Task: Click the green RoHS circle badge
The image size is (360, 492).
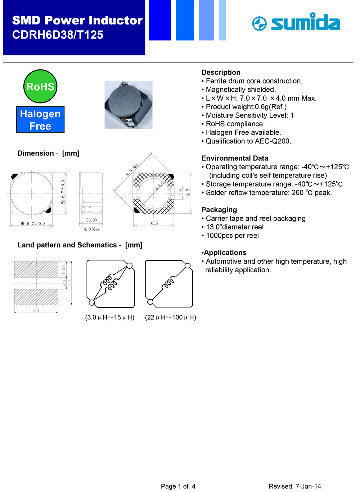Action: coord(40,86)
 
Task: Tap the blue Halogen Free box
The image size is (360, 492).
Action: coord(40,120)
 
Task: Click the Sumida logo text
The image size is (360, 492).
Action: coord(305,23)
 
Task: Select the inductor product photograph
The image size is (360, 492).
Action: coord(129,105)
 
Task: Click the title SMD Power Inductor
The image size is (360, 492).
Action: coord(77,20)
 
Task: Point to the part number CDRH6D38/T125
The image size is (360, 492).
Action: coord(58,35)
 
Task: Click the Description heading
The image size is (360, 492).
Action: coord(221,72)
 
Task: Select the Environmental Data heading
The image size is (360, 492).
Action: coord(235,158)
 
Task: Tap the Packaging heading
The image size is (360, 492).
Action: coord(219,210)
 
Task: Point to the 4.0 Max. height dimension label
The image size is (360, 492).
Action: coord(92,229)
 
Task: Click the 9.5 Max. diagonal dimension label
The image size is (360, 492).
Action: coord(132,169)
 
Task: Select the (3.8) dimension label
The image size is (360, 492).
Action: coord(91,220)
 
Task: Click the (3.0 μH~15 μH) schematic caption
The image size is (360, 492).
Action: coord(109,317)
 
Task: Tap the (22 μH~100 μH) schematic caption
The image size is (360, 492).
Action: coord(170,317)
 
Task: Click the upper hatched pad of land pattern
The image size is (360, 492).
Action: coord(36,269)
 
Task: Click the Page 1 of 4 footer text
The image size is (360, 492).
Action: coord(178,486)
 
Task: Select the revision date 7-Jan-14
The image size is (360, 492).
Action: coord(308,486)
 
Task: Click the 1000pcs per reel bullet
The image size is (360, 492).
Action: coord(232,236)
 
